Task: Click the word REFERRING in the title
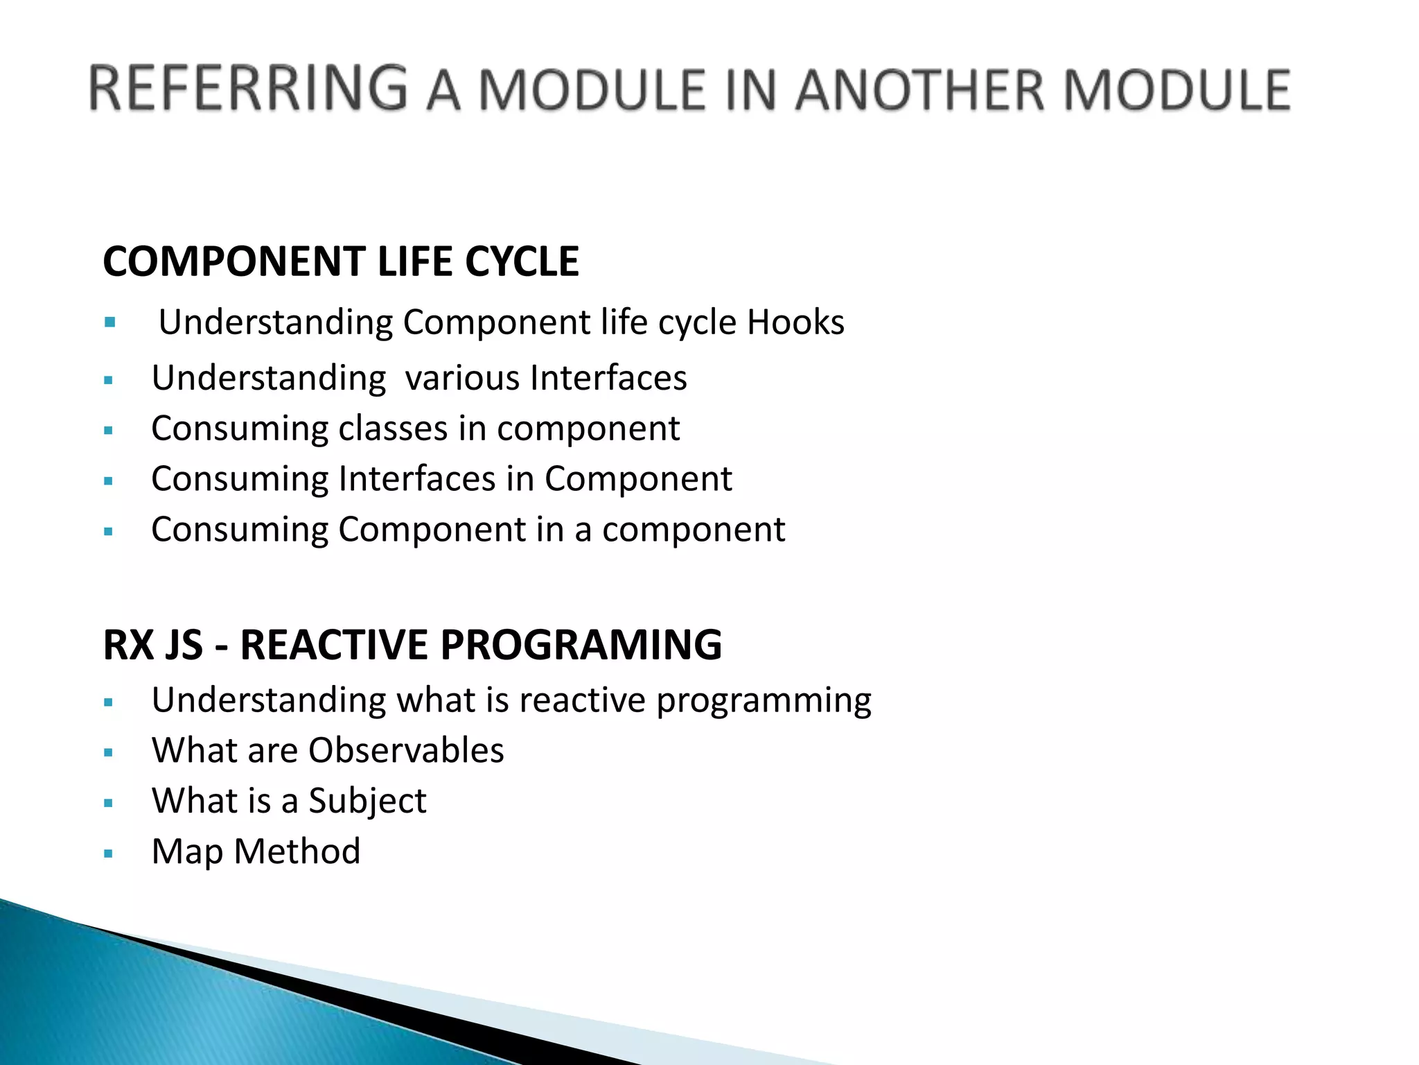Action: (247, 89)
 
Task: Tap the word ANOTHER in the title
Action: (919, 91)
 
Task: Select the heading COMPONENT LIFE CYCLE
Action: (340, 261)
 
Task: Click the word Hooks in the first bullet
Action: (795, 322)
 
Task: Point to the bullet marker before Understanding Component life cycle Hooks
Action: (109, 322)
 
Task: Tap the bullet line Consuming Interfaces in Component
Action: (441, 479)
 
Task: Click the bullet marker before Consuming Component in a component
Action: (108, 532)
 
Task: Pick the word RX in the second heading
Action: (128, 644)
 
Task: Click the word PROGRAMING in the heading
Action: (581, 644)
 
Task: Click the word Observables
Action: (406, 750)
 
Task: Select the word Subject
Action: (367, 802)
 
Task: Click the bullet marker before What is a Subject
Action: (108, 803)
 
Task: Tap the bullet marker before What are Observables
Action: (108, 752)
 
